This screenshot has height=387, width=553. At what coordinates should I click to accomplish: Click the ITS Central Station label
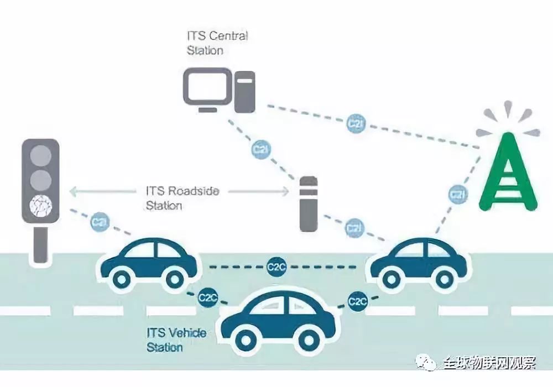(x=217, y=43)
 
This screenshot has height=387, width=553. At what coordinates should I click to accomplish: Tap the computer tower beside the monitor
(x=245, y=92)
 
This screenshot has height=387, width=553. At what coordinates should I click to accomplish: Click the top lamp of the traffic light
(x=40, y=155)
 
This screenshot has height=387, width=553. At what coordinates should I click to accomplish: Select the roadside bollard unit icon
(x=308, y=203)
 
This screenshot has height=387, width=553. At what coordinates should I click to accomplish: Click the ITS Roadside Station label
(x=182, y=198)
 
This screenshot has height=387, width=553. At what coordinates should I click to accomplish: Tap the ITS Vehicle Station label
(x=176, y=340)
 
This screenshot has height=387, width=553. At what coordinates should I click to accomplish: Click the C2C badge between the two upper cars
(x=276, y=267)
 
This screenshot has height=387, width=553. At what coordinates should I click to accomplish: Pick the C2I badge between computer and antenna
(x=356, y=123)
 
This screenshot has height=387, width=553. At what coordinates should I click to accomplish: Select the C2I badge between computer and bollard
(x=262, y=149)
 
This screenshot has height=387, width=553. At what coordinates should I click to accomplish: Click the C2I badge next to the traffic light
(x=100, y=222)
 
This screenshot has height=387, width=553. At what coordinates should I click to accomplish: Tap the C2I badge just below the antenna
(x=458, y=195)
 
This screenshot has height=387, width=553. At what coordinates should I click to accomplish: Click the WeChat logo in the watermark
(x=426, y=362)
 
